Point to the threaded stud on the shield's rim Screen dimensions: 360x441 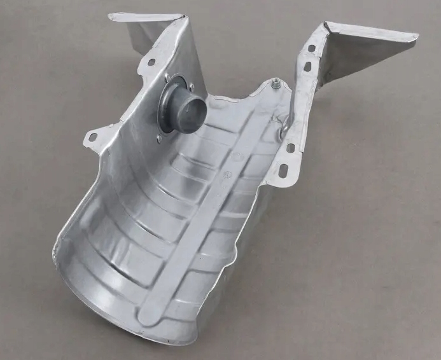(x=276, y=83)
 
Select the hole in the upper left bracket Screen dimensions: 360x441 (x=151, y=62)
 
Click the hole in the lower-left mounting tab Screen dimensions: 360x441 (x=93, y=137)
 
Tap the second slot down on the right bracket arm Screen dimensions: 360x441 (x=307, y=66)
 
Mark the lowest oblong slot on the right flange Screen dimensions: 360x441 (x=282, y=171)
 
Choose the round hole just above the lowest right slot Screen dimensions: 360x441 (x=291, y=148)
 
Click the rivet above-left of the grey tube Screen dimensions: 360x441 (x=167, y=79)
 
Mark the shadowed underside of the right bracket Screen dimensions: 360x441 (x=356, y=60)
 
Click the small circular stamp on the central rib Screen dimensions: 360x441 (x=224, y=172)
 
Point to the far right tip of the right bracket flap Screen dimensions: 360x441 (x=416, y=37)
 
